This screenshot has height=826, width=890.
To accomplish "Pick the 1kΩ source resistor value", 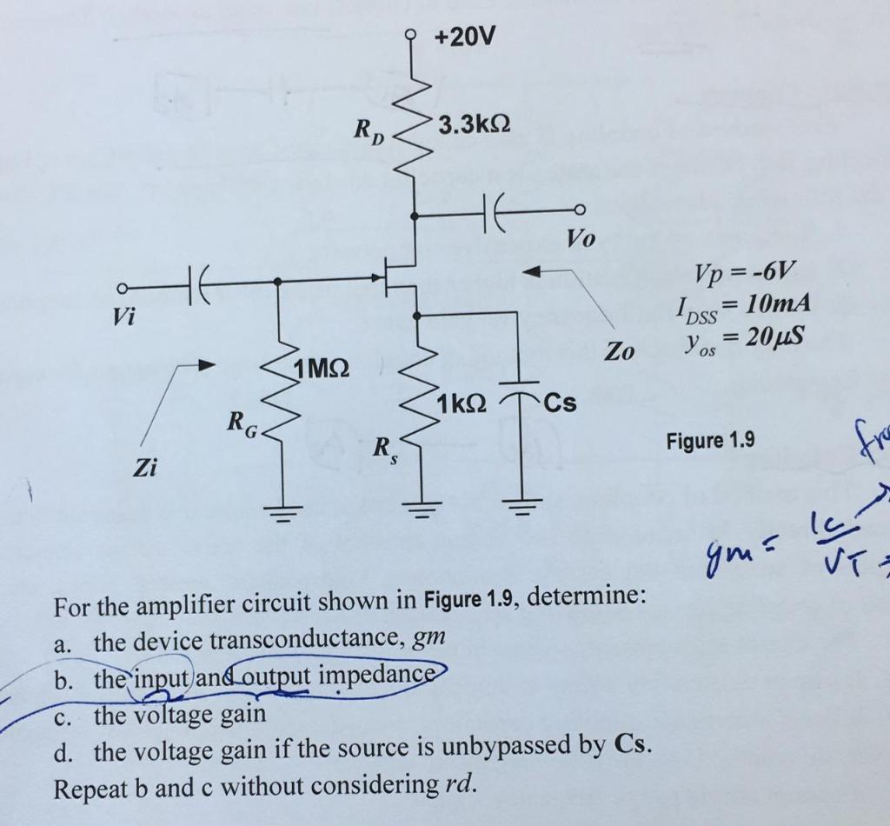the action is (x=462, y=403).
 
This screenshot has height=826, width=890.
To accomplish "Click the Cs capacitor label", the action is (x=561, y=404).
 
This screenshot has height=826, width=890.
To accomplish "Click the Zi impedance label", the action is (x=144, y=469).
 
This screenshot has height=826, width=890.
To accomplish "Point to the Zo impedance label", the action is (x=620, y=352).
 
